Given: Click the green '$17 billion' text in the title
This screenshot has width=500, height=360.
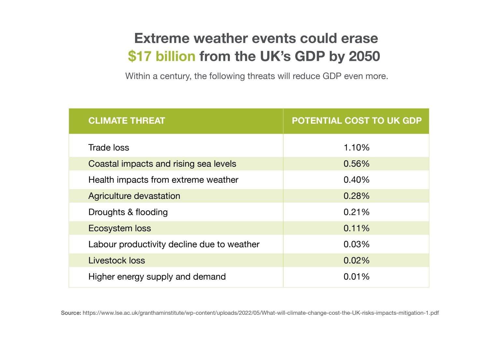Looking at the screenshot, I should (161, 56).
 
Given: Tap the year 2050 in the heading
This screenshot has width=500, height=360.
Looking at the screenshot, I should (364, 56).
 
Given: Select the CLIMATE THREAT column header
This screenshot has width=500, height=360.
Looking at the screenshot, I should (127, 121).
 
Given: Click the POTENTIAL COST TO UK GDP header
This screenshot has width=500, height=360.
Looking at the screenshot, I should (356, 121).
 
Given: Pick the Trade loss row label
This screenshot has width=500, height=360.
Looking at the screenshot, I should (109, 147).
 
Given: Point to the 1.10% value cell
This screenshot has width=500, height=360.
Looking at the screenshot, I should (356, 147).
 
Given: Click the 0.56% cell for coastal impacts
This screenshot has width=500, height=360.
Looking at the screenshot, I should (356, 164).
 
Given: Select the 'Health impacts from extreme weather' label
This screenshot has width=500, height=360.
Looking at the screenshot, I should (163, 180).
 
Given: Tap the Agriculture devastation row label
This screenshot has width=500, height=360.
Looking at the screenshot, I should (134, 196).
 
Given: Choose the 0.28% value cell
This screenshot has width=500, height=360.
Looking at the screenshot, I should (356, 196).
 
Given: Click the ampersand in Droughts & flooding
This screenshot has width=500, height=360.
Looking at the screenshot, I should (130, 212).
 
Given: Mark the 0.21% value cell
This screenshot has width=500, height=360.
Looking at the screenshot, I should (356, 212).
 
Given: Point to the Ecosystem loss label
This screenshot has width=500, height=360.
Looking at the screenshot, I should (119, 228).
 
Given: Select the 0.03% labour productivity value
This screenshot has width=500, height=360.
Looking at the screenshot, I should (356, 244).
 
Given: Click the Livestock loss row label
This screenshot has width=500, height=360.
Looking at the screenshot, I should (117, 260).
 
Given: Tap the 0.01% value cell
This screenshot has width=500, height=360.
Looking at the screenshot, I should (356, 277).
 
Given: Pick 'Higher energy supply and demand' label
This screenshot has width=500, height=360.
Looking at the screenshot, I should (157, 277).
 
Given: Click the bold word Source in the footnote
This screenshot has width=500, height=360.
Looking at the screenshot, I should (71, 313).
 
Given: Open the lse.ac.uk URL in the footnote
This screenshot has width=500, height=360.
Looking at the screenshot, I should (260, 313).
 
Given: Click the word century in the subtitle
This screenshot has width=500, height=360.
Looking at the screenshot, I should (174, 76).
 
